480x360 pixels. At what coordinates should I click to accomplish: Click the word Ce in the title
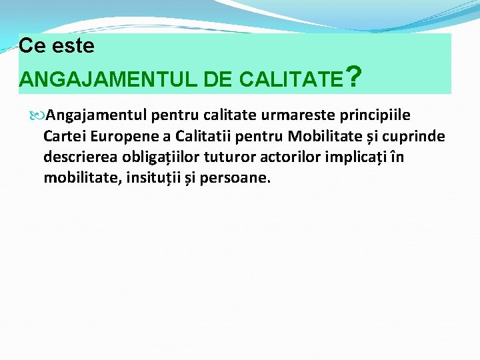click(x=31, y=46)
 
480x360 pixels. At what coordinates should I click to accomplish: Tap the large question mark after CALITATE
click(x=355, y=77)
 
